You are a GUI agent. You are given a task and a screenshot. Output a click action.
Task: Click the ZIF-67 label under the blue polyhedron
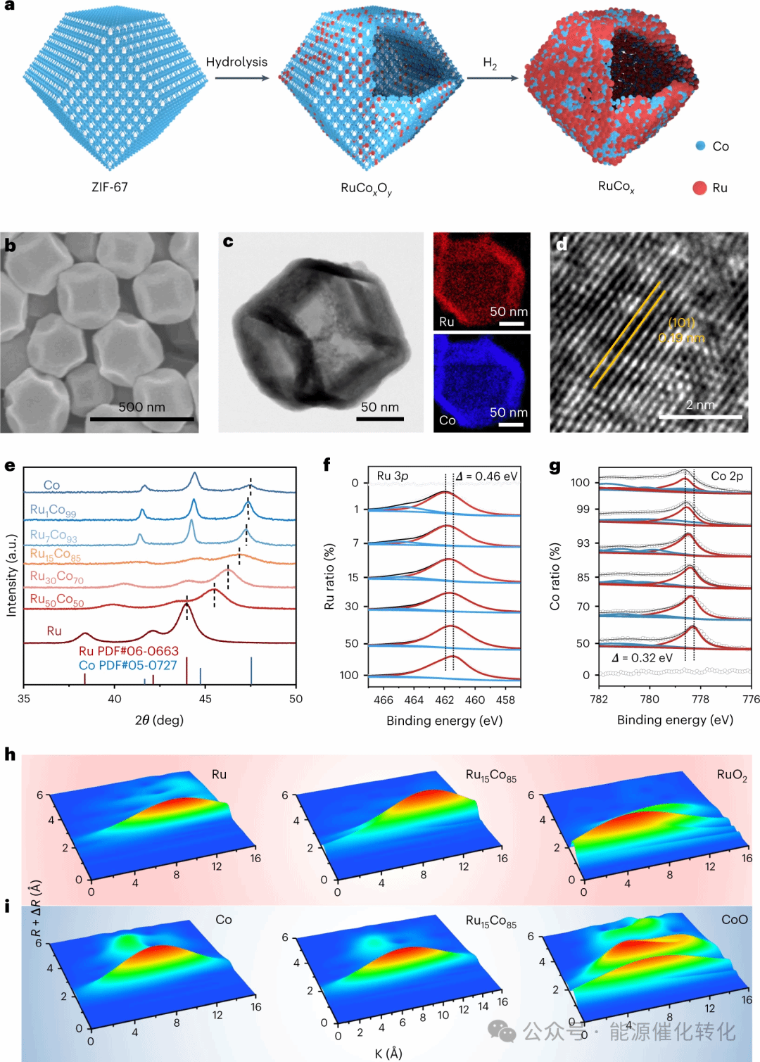[110, 187]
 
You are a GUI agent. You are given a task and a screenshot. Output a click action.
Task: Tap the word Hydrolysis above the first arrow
[236, 62]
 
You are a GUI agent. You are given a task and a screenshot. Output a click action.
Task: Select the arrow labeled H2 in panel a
[492, 77]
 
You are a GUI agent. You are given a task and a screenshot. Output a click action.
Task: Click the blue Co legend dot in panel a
[700, 146]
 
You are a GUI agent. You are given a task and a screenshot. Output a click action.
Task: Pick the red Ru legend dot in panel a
[699, 188]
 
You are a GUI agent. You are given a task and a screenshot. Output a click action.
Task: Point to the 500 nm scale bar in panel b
[141, 419]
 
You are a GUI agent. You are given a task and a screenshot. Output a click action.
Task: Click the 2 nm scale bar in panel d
[700, 417]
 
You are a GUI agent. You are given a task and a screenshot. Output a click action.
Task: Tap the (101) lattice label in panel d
[681, 322]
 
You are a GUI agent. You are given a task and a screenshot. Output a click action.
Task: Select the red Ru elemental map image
[481, 281]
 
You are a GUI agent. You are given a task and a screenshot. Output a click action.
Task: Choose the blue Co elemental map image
[481, 382]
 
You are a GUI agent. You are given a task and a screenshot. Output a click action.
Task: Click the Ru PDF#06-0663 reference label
[129, 651]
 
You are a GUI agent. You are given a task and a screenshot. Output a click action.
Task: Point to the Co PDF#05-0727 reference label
[128, 665]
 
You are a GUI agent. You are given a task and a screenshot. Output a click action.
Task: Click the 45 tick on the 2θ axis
[205, 699]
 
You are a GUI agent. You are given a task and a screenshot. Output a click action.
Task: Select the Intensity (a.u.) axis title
[11, 576]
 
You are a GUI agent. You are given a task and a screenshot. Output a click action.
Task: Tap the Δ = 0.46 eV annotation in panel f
[486, 476]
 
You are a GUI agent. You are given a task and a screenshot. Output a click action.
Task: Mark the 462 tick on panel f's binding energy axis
[444, 700]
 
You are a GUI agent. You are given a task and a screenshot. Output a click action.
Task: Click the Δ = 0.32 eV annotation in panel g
[642, 658]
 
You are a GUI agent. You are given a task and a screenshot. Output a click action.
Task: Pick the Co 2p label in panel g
[727, 476]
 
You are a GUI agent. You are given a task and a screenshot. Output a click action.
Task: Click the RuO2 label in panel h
[732, 775]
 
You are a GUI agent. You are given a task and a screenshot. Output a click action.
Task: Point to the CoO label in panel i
[735, 920]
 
